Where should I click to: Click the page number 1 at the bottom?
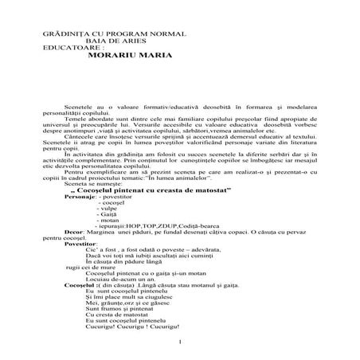pyautogui.click(x=182, y=343)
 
